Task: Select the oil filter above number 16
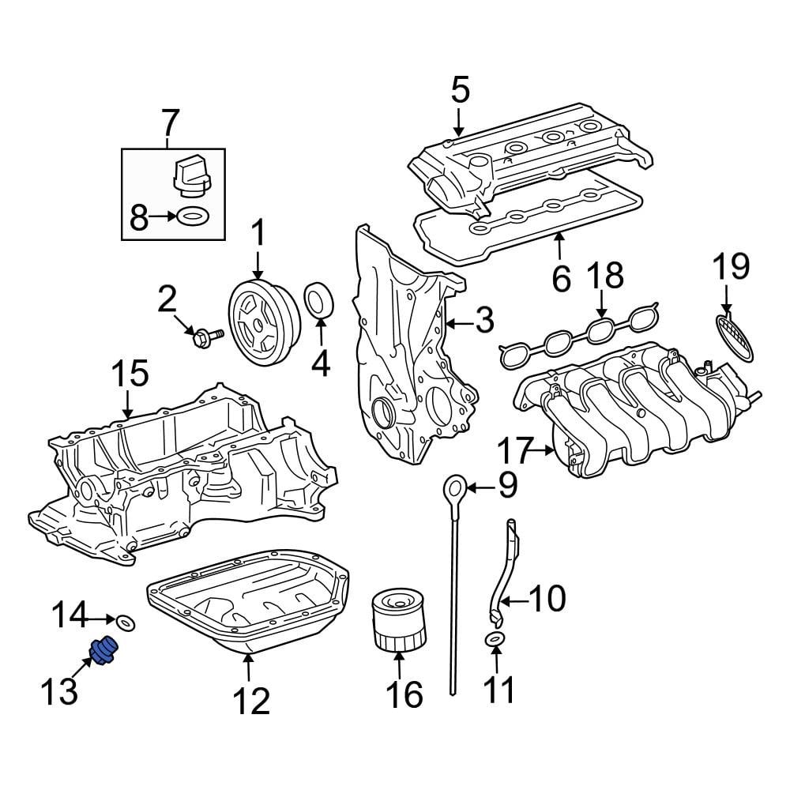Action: coord(398,624)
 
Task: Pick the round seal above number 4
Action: coord(319,302)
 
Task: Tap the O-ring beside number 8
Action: coord(192,215)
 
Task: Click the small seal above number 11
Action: coord(495,638)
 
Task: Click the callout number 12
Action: coord(250,700)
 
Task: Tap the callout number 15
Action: coord(129,373)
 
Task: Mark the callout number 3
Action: coord(483,321)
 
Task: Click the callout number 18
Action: coord(604,276)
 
